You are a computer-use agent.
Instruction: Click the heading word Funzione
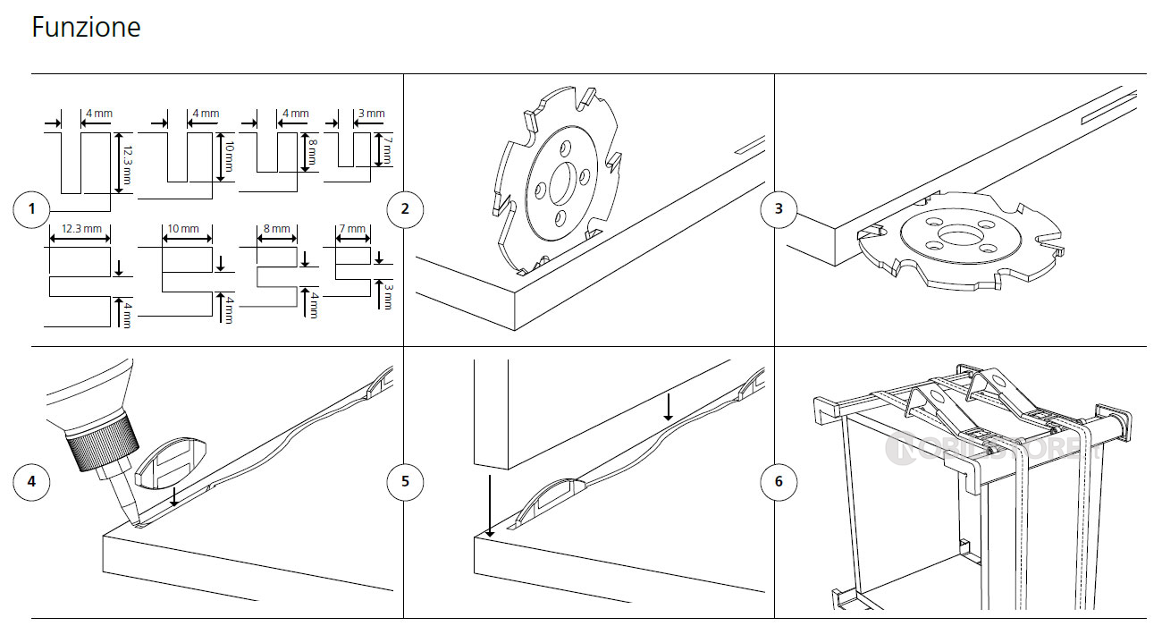click(86, 28)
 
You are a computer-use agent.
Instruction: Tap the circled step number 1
click(32, 210)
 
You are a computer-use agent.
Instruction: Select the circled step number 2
click(405, 210)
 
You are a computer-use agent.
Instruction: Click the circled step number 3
click(778, 210)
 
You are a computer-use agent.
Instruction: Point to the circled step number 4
click(32, 482)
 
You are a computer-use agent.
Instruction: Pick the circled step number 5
click(405, 482)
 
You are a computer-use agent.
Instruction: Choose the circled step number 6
click(778, 482)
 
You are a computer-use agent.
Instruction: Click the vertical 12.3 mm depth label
click(129, 163)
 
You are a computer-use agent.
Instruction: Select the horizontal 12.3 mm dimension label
click(80, 229)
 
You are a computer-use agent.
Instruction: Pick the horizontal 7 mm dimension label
click(353, 229)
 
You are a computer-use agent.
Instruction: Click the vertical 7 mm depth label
click(387, 150)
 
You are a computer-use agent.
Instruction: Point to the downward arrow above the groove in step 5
click(668, 407)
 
